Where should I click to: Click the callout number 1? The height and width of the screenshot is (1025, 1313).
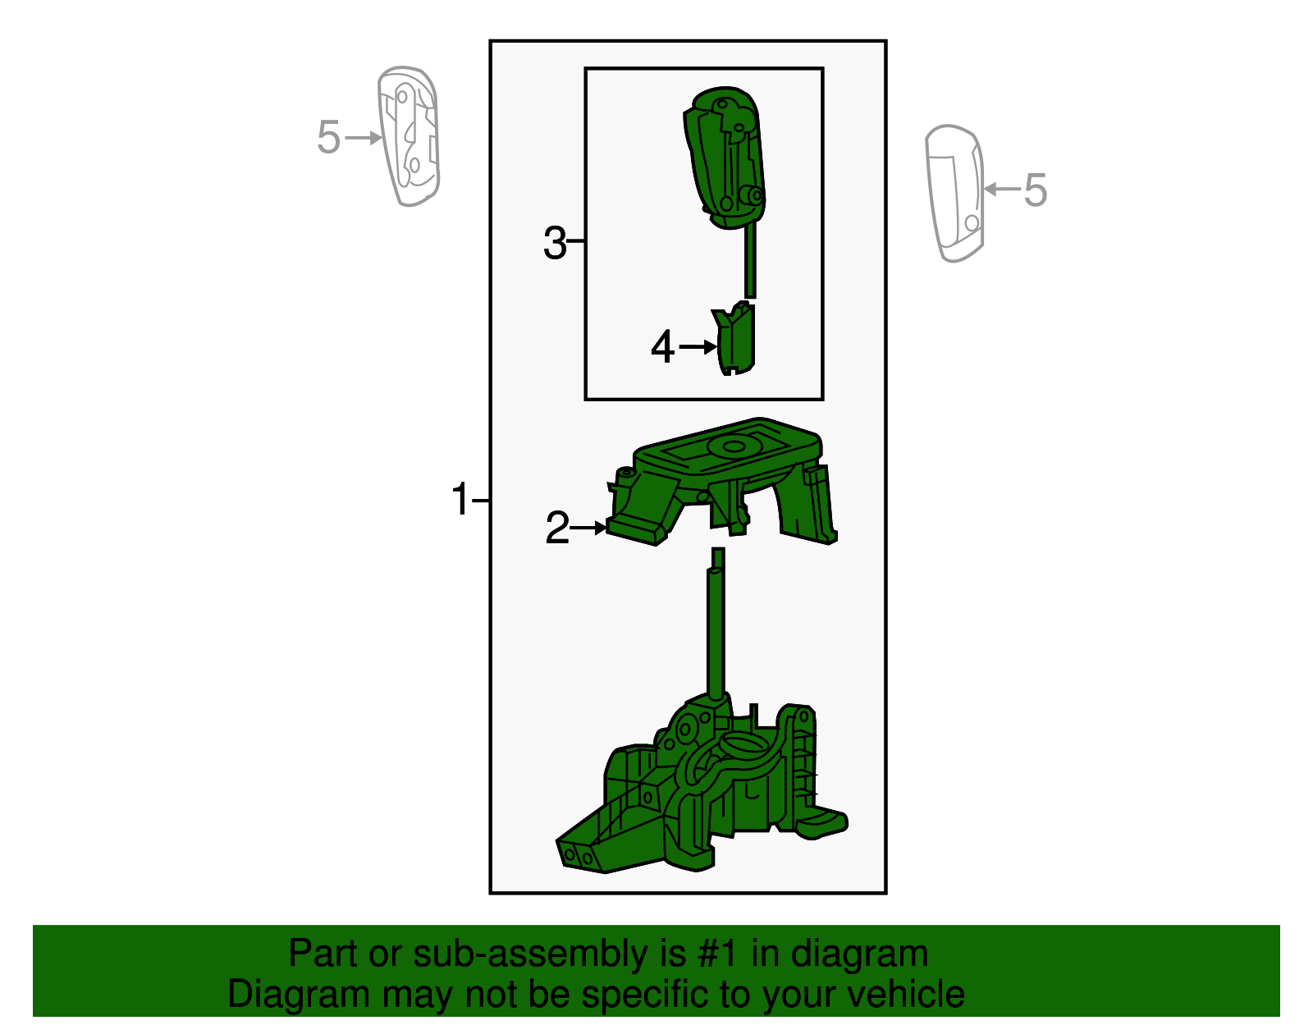click(x=460, y=499)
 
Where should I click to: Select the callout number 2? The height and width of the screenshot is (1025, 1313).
click(x=557, y=529)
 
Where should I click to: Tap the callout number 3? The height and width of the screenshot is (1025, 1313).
click(x=555, y=243)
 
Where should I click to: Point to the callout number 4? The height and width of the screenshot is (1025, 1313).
click(x=662, y=347)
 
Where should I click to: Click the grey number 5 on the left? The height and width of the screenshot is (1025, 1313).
click(x=328, y=137)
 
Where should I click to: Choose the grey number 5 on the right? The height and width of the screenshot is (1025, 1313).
click(x=1036, y=190)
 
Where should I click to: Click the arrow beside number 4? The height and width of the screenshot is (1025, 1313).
click(x=698, y=347)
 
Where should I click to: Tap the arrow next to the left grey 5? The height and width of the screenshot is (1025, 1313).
click(x=364, y=137)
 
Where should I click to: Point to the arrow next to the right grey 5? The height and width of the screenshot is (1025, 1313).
click(x=1001, y=190)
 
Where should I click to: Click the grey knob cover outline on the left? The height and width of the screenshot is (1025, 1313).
click(x=409, y=136)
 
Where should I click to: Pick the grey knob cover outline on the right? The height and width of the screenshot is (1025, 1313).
click(x=954, y=194)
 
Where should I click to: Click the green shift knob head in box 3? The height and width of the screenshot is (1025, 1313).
click(x=725, y=156)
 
